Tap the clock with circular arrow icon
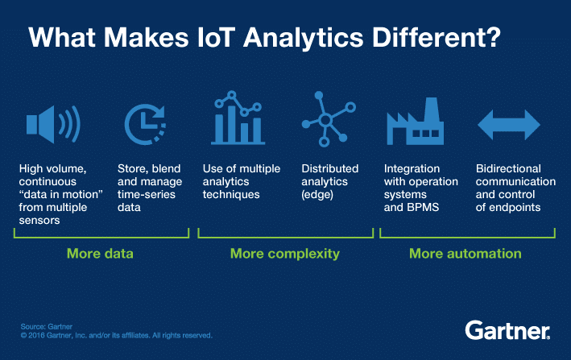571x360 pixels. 145,125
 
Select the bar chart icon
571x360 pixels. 238,118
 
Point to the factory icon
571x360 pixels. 415,122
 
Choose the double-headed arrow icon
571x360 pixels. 509,125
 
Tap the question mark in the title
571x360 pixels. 493,37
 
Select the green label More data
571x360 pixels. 100,254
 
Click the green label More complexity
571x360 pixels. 285,254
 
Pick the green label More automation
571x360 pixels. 465,254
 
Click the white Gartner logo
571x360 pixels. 507,330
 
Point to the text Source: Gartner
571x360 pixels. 46,326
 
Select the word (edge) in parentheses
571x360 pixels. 317,195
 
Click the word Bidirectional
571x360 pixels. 508,168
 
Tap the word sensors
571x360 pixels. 39,221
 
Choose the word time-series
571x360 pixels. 147,194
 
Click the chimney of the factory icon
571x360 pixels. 432,109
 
